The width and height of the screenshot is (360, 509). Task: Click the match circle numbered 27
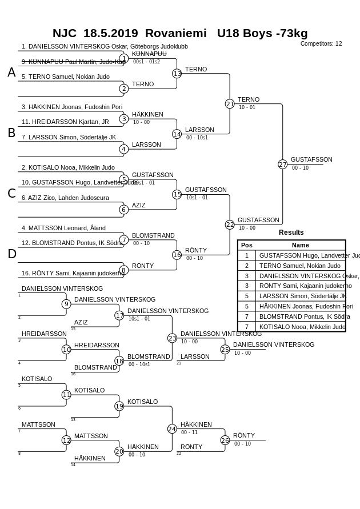tap(282, 165)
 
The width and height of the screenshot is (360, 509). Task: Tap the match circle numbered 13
tap(177, 74)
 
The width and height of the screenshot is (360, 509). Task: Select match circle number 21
tap(230, 104)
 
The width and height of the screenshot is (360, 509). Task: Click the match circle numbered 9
tap(66, 304)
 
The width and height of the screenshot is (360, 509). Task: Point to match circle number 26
tap(225, 440)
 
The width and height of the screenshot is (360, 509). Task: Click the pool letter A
tap(11, 73)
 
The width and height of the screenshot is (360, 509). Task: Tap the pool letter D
tap(11, 254)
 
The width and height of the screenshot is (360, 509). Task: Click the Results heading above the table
tap(291, 233)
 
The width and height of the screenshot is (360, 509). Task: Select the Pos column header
tap(246, 245)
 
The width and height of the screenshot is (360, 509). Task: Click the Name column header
tap(300, 245)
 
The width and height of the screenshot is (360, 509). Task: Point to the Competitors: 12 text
tap(321, 43)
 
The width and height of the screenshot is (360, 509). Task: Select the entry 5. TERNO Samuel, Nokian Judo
tap(66, 77)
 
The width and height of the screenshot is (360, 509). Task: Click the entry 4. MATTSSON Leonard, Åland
tap(63, 228)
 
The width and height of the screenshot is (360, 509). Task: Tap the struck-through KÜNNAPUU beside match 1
tap(149, 54)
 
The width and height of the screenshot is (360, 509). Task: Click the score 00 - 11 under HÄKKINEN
tap(189, 432)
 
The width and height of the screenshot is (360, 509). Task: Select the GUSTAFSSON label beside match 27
tap(311, 159)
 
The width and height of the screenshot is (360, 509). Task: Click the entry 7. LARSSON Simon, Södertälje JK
tap(69, 137)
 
